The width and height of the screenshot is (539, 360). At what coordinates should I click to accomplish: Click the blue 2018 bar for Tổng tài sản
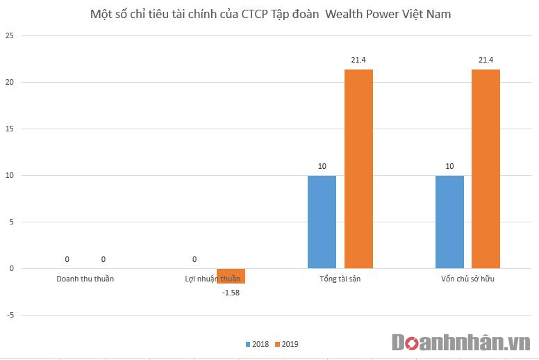(322, 222)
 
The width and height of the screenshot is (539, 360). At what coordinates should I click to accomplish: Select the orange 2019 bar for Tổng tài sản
(358, 169)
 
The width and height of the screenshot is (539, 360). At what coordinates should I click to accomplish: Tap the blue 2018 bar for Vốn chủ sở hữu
(449, 222)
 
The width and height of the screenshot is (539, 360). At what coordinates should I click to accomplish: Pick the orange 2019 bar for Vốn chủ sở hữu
(486, 169)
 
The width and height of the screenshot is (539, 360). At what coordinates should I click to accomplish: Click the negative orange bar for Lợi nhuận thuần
(231, 276)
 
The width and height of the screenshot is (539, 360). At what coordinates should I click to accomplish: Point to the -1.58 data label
(231, 293)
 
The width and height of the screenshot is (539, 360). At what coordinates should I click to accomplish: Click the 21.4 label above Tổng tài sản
(358, 60)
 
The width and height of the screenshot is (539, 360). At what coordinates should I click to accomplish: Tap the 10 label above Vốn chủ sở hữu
(449, 166)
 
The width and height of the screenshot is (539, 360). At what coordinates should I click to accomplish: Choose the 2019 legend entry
(286, 344)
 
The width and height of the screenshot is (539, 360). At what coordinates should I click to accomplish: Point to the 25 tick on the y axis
(8, 35)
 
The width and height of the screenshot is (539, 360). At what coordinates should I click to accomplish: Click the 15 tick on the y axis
(8, 129)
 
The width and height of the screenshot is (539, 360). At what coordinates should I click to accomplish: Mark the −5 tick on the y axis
(8, 315)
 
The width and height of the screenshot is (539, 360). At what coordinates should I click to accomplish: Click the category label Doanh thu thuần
(85, 279)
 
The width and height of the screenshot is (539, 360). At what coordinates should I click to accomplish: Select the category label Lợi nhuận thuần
(213, 279)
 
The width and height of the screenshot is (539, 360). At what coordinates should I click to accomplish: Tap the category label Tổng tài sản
(340, 279)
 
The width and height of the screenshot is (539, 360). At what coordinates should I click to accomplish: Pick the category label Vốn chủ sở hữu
(467, 279)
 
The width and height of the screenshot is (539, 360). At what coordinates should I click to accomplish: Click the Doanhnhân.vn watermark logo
(461, 343)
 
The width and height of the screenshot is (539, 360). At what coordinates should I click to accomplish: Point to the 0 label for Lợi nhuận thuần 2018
(194, 259)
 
